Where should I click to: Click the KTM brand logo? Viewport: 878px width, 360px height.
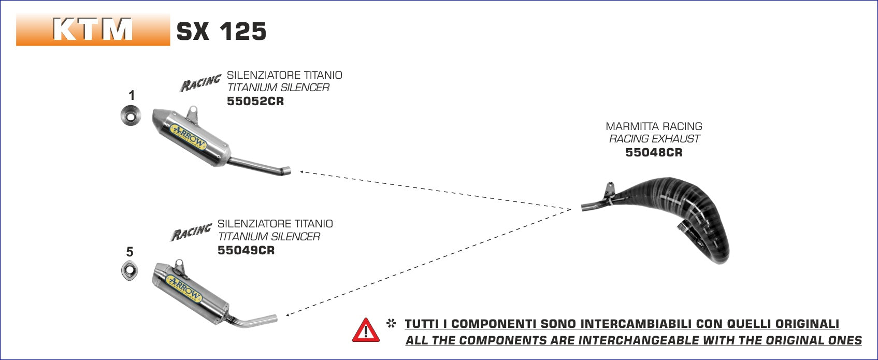[93, 30]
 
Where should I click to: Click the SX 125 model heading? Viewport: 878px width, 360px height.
[221, 32]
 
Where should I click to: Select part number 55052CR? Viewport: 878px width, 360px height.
[255, 101]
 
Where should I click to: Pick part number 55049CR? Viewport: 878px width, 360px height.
[246, 250]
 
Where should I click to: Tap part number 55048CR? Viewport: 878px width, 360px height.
[654, 152]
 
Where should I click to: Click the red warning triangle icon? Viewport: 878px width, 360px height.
[366, 330]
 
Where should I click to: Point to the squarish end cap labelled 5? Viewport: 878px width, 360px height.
[129, 271]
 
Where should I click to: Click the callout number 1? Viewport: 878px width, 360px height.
[132, 95]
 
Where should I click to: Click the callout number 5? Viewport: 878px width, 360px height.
[129, 252]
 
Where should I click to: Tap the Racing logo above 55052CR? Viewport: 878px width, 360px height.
[200, 83]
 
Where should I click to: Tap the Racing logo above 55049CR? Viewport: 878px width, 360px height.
[191, 232]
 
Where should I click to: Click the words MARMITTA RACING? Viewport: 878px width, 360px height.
[654, 126]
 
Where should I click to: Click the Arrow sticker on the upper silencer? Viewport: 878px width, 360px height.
[189, 138]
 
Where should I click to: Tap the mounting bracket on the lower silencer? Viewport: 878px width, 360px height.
[180, 266]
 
